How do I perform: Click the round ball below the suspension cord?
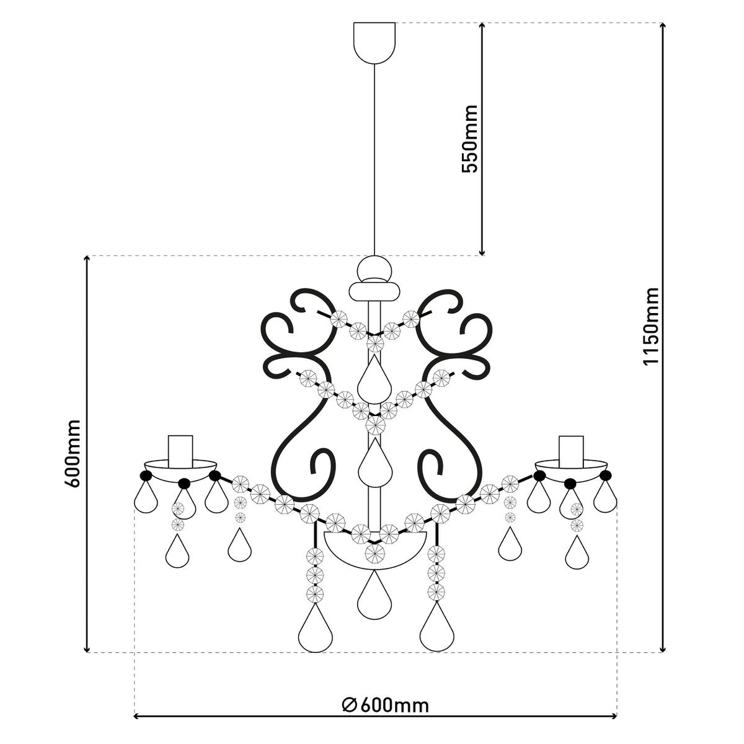pos(374,269)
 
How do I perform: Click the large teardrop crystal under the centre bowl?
pos(374,596)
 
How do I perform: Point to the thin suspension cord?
pos(374,155)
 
